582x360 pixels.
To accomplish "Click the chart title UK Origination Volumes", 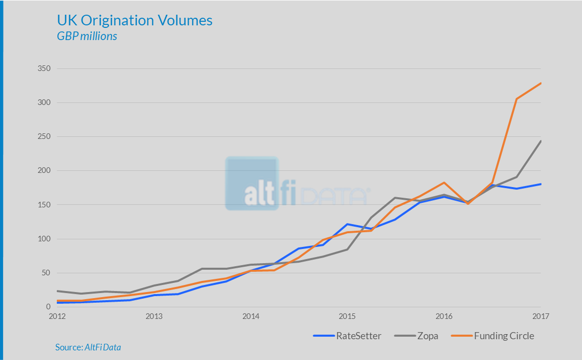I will [134, 21].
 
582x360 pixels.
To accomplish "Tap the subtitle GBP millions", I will [87, 37].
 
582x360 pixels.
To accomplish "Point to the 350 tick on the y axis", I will [44, 68].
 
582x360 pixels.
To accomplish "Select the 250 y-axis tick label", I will [44, 137].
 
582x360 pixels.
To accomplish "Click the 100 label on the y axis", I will [44, 239].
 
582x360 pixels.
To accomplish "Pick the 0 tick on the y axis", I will [48, 307].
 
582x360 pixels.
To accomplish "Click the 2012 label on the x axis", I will [57, 316].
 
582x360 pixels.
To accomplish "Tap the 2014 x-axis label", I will [250, 316].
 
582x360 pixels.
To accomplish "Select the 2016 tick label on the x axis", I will [444, 316].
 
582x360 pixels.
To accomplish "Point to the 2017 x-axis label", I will [541, 316].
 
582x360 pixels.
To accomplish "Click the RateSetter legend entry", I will [347, 336].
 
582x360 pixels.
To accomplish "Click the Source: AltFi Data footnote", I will [88, 347].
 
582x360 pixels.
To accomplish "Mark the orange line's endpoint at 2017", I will [541, 83].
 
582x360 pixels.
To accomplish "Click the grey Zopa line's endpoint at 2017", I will [541, 141].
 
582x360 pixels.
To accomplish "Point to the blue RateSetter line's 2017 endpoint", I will [541, 184].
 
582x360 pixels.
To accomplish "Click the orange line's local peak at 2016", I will [444, 183].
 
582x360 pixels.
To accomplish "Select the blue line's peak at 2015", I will [347, 224].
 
